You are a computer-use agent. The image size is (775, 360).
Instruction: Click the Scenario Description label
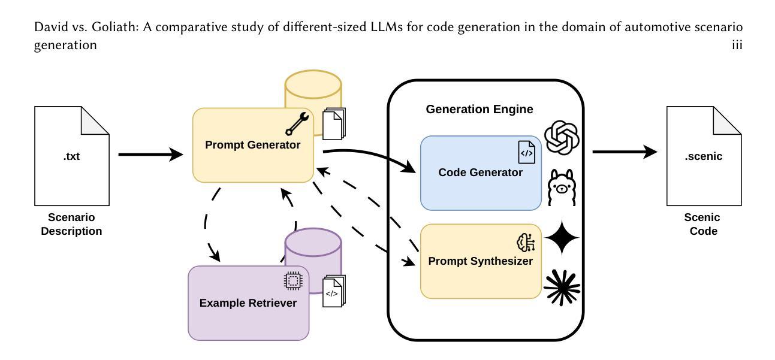pyautogui.click(x=71, y=224)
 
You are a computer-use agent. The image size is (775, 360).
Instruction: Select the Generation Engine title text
pyautogui.click(x=480, y=110)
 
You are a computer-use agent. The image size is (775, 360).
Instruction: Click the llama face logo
pyautogui.click(x=562, y=186)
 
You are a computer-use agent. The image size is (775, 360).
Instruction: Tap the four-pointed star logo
pyautogui.click(x=562, y=238)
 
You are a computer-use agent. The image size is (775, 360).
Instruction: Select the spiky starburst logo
pyautogui.click(x=562, y=286)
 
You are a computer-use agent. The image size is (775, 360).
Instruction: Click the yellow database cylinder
pyautogui.click(x=313, y=90)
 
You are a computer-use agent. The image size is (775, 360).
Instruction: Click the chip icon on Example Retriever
pyautogui.click(x=292, y=280)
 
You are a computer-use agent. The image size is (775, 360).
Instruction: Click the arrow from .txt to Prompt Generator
pyautogui.click(x=150, y=155)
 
